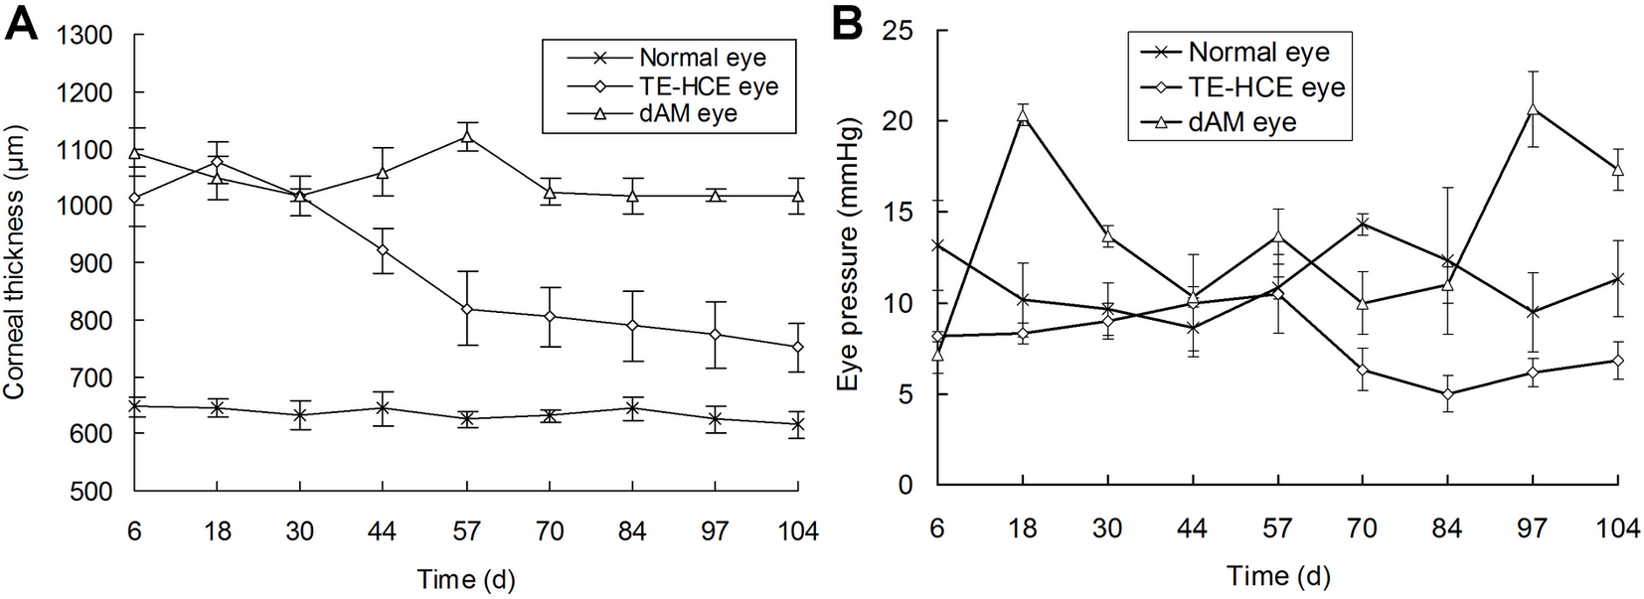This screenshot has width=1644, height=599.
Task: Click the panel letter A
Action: point(21,22)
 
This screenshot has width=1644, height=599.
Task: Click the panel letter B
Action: point(846,22)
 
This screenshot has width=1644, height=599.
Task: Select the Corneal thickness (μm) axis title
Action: point(14,263)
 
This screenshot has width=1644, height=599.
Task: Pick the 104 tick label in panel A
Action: point(797,531)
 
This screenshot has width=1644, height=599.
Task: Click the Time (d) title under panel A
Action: point(466,579)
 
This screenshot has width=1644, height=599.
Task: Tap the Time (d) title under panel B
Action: point(1277,576)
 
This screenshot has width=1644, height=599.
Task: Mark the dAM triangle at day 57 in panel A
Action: point(466,137)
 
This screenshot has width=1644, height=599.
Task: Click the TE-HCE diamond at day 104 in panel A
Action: point(797,347)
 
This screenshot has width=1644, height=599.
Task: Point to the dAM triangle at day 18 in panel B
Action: point(1023,116)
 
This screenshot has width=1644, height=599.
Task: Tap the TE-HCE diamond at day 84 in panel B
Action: point(1448,394)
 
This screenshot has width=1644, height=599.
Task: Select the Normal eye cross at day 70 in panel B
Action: point(1363,225)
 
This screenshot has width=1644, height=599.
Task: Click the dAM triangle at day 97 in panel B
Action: point(1534,110)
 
